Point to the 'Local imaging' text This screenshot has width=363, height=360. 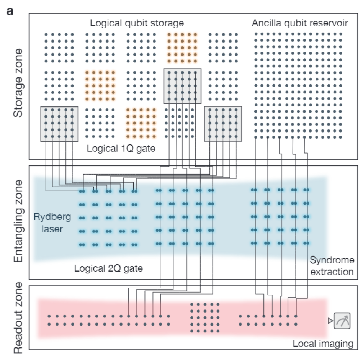(322, 343)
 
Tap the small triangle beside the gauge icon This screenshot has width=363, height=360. (329, 321)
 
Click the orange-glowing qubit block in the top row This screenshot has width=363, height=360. (182, 48)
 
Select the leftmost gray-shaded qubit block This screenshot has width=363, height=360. (59, 124)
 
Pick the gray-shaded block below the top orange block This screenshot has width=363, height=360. (182, 86)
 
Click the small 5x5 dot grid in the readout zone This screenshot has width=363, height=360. (205, 317)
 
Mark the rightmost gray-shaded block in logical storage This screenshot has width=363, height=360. (223, 124)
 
